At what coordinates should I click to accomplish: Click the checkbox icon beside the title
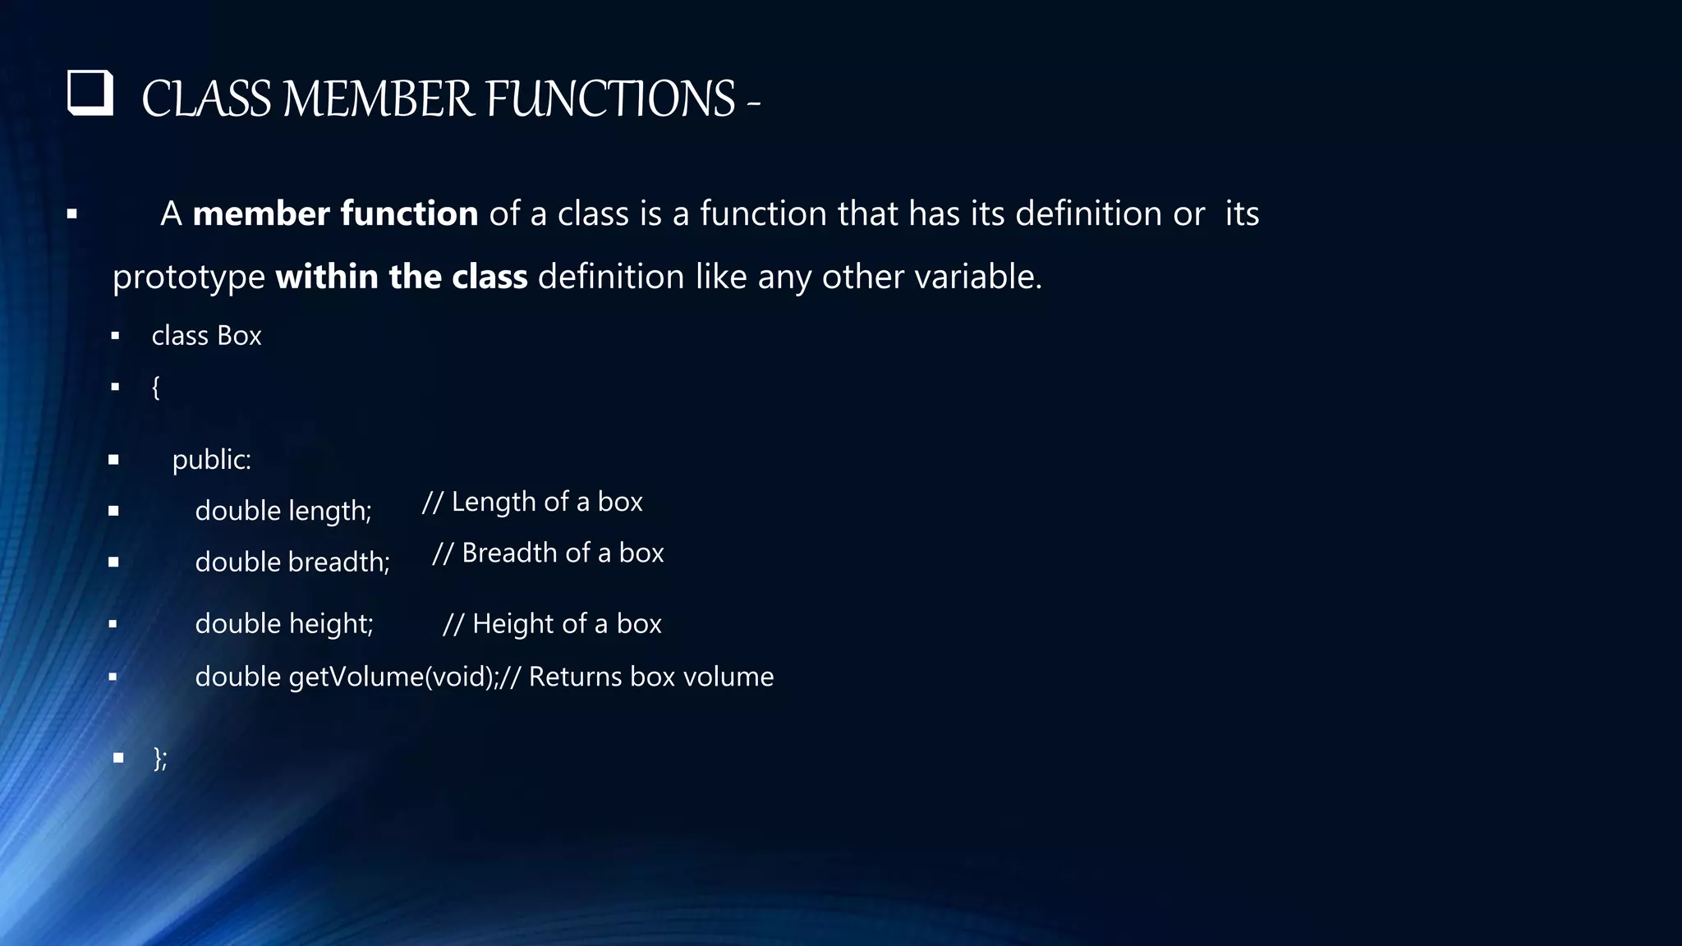click(90, 93)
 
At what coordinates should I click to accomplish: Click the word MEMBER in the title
click(378, 99)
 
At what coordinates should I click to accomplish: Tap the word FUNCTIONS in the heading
click(610, 99)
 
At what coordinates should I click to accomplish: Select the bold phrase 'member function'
click(335, 214)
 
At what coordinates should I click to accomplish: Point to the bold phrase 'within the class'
click(401, 278)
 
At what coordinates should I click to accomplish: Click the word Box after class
click(239, 336)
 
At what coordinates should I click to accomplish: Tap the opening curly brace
click(155, 387)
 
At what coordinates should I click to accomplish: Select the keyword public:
click(211, 460)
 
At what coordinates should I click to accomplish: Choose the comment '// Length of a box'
click(532, 502)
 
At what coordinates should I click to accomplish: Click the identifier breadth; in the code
click(338, 563)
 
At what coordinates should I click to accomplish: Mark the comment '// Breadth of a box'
click(548, 553)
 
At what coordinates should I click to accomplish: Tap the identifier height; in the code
click(330, 624)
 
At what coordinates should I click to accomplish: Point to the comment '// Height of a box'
click(552, 624)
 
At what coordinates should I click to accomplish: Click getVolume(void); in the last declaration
click(393, 677)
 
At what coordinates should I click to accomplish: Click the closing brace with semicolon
click(160, 758)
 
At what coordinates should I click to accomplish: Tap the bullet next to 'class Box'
click(115, 336)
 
